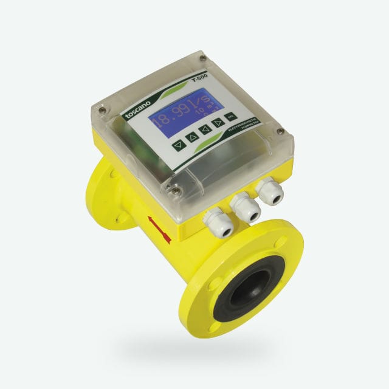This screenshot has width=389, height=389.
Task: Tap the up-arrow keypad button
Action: (x=193, y=137)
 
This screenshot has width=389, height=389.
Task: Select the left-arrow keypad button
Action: (x=205, y=129)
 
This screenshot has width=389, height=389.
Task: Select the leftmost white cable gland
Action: (x=218, y=222)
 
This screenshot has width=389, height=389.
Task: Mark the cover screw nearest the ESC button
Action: (x=280, y=131)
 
